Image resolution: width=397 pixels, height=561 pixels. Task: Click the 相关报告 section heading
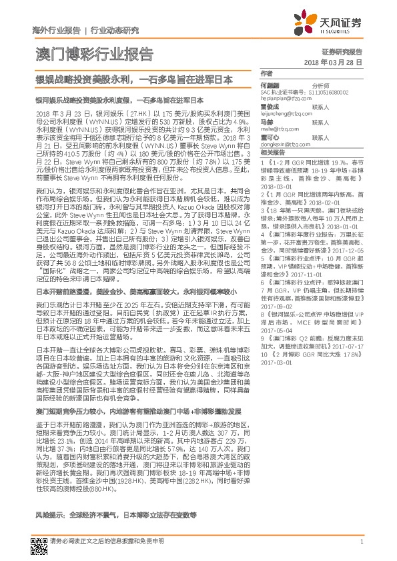(272, 153)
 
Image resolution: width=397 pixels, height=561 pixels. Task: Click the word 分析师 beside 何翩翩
(321, 86)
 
